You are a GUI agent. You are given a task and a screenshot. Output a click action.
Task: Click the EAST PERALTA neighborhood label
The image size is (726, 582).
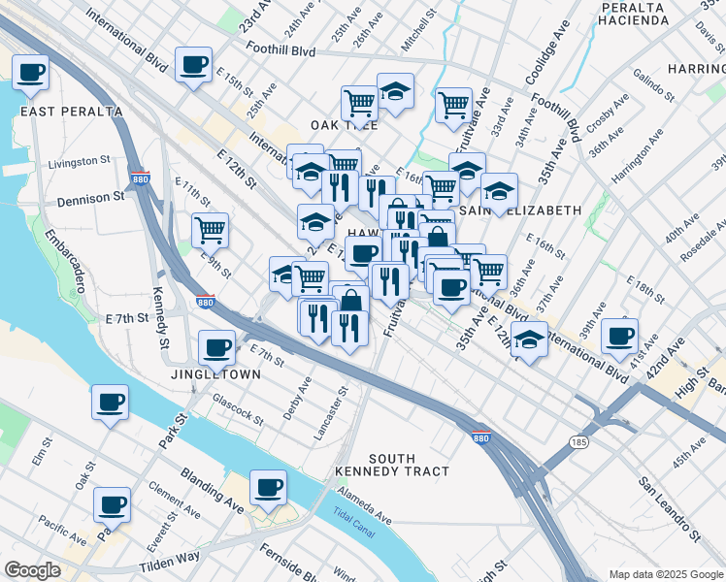click(x=72, y=112)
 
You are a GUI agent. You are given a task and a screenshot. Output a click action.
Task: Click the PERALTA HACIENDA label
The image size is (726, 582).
click(x=632, y=14)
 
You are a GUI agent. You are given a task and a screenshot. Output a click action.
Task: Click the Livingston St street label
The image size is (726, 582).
click(x=80, y=161)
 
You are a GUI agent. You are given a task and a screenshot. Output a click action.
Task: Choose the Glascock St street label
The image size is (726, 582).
click(x=238, y=410)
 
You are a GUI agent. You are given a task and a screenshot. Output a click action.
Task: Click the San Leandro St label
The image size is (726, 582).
click(x=669, y=509)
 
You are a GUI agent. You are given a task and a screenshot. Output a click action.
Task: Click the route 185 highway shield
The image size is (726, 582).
click(x=580, y=442)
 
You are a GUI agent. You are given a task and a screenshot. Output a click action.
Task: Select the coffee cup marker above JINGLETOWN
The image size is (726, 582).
click(x=216, y=346)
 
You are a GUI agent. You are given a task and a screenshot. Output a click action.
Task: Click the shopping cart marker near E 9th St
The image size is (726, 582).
click(x=210, y=230)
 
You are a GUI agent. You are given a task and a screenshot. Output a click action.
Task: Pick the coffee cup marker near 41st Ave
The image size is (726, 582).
click(x=619, y=336)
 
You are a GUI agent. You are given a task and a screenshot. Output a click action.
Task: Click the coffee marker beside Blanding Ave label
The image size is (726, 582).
click(x=268, y=486)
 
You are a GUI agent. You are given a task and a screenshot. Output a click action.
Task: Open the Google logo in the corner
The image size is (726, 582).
click(x=32, y=570)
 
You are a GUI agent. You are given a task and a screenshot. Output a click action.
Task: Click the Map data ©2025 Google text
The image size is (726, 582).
click(x=665, y=574)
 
